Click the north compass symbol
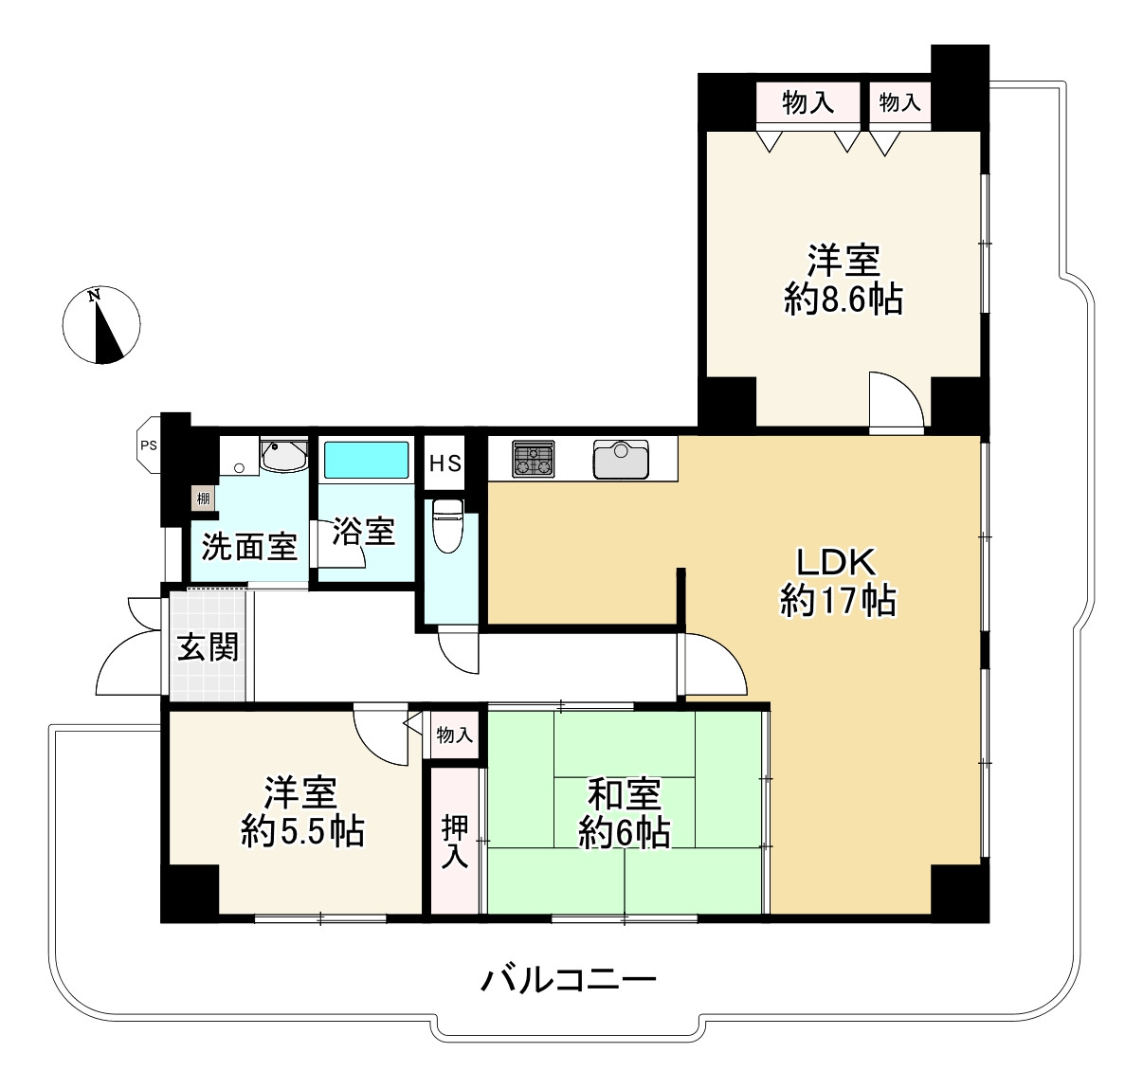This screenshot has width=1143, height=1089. (103, 324)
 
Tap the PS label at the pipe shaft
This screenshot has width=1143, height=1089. (148, 444)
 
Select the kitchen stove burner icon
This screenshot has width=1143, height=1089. (533, 460)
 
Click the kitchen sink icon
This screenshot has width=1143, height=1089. (620, 460)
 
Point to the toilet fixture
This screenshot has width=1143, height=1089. (446, 526)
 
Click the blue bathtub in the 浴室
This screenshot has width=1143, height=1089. (367, 461)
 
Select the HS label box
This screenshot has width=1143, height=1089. (445, 463)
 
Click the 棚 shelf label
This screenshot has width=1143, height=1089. (203, 498)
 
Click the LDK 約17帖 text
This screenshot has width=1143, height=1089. (838, 582)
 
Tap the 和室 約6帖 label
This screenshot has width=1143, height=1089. (625, 812)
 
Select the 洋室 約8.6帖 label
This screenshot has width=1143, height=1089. (843, 280)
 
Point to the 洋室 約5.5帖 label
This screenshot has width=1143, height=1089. (302, 811)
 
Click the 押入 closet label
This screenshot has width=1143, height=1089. (456, 840)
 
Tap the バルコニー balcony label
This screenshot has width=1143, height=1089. (569, 978)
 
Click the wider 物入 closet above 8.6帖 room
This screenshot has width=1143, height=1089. (807, 102)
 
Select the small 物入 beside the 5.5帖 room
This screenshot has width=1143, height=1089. (454, 735)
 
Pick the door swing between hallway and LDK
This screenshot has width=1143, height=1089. (711, 665)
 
